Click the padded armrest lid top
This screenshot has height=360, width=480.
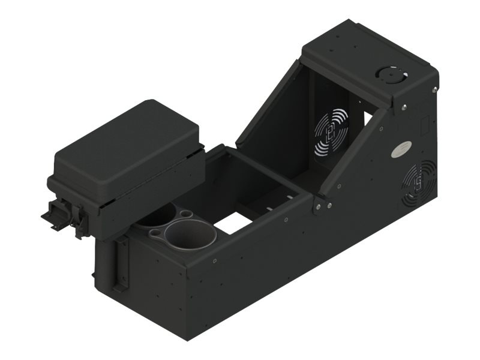click(x=126, y=147)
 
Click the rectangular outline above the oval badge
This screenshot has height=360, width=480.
click(x=424, y=127)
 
